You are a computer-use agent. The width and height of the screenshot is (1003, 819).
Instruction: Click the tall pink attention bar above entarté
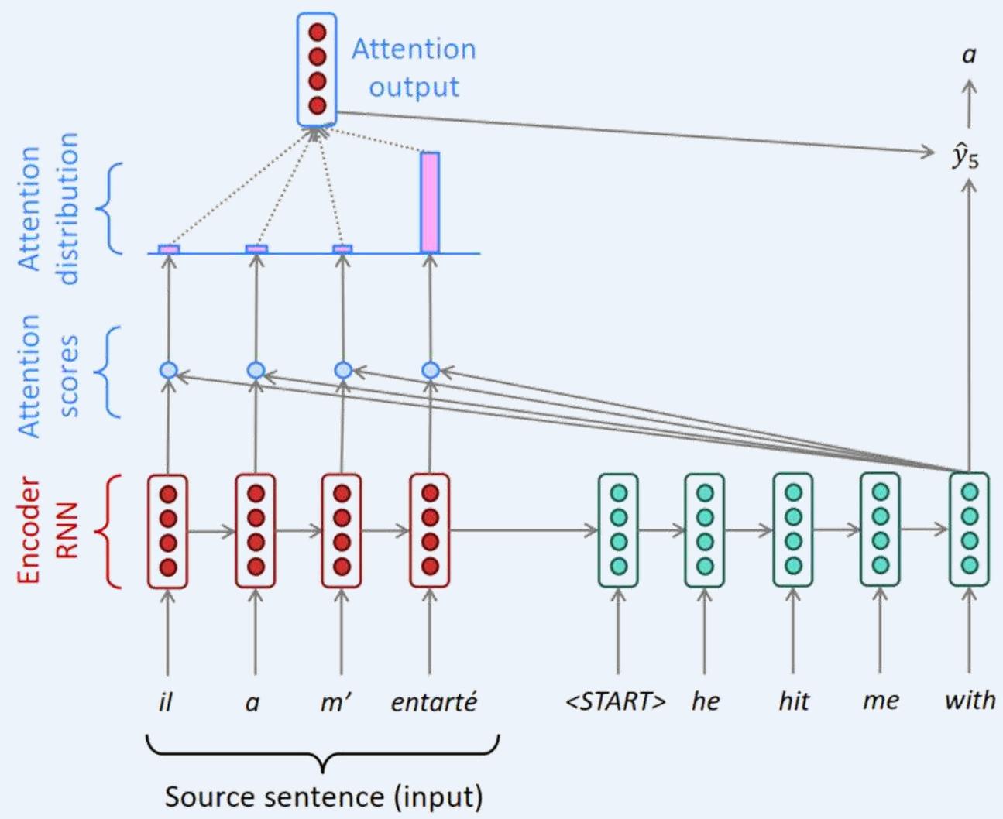point(430,202)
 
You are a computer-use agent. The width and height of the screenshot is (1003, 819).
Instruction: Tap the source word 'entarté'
point(434,702)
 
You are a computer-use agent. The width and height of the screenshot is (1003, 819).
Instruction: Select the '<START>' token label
point(617,701)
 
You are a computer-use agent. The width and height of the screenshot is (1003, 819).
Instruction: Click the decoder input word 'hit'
point(794,701)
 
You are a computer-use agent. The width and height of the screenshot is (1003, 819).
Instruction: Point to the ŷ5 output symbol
point(966,157)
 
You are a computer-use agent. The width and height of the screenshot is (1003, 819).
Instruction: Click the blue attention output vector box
point(317,69)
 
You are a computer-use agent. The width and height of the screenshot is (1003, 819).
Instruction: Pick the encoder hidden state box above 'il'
point(168,530)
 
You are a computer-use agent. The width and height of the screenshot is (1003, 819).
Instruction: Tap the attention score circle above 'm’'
point(343,371)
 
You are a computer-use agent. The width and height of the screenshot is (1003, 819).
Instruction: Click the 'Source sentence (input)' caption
point(324,797)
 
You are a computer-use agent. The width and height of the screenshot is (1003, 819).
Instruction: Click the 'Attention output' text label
point(414,67)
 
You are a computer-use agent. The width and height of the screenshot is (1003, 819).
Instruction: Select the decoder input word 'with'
point(970,701)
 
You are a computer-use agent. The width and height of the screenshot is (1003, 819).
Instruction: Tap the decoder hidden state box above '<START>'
point(618,529)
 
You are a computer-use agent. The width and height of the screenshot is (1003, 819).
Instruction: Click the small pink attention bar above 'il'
point(169,249)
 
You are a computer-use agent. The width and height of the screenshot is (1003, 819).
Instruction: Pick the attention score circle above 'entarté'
point(431,371)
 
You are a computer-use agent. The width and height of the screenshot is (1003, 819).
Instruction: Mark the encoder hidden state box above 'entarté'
point(430,530)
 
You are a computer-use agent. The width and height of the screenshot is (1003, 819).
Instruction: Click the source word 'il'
point(165,701)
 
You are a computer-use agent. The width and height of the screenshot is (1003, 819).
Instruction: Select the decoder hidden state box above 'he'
point(705,529)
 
